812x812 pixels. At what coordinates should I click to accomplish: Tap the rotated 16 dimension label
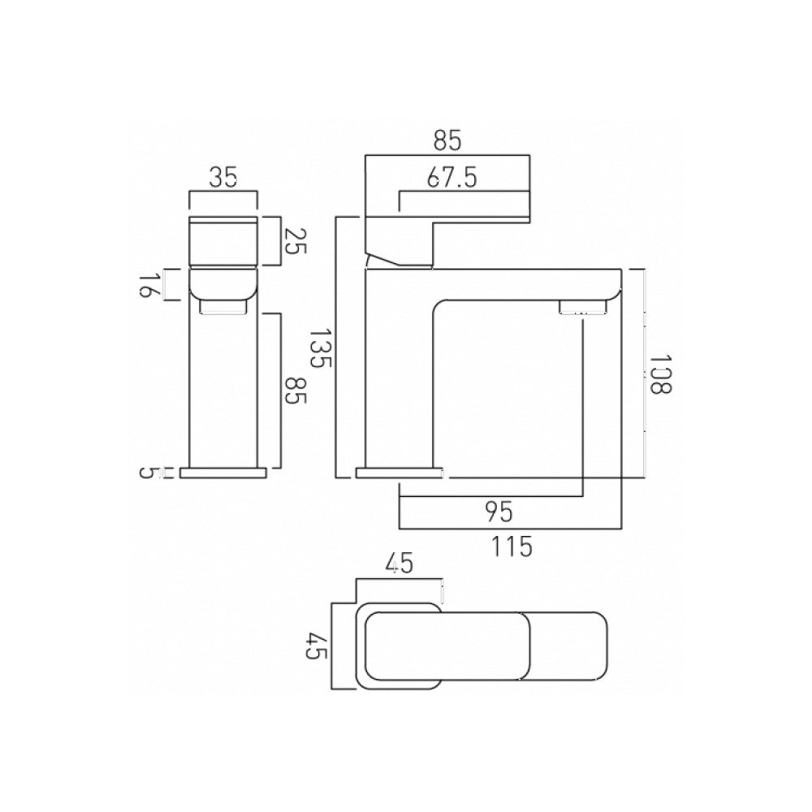click(x=147, y=286)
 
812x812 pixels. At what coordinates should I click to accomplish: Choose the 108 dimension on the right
click(x=662, y=374)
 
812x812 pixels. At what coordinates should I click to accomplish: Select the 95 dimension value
click(x=499, y=512)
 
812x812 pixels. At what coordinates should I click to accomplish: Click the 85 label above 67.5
click(x=447, y=140)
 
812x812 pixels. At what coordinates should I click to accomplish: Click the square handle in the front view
click(x=222, y=241)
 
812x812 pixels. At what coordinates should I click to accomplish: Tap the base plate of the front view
click(x=223, y=473)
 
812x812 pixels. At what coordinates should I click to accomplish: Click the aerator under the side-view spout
click(x=581, y=308)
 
